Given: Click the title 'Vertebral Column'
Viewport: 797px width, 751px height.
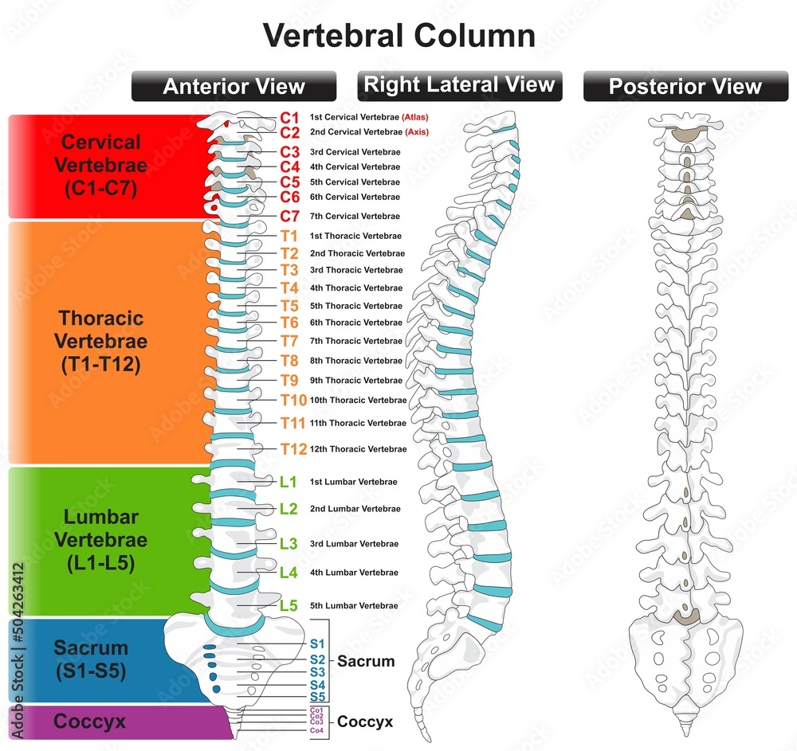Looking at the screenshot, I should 398,35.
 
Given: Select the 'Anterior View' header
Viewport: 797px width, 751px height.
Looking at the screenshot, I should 234,87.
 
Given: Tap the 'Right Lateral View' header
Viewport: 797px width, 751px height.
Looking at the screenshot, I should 460,84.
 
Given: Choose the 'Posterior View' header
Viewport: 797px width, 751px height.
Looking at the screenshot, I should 685,87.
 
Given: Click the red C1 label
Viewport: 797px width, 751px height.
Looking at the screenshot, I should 289,117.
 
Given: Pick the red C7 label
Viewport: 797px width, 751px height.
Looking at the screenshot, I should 289,216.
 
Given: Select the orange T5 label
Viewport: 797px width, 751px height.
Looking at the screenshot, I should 289,306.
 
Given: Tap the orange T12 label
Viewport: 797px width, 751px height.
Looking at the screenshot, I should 292,449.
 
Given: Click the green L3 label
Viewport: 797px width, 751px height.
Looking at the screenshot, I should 289,544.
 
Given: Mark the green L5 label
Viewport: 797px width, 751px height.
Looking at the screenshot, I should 289,605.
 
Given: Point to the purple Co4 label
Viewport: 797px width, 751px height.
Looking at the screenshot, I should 316,730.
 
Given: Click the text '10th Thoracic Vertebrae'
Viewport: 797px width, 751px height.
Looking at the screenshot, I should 358,400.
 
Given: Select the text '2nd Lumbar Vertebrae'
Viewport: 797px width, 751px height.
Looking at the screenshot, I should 353,509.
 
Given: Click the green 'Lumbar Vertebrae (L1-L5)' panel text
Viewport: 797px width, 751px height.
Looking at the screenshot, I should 101,540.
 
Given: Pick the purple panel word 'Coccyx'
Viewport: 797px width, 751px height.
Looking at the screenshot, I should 89,722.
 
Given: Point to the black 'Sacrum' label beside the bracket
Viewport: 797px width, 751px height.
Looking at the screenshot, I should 366,661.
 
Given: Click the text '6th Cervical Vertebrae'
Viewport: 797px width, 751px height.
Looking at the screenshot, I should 355,197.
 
